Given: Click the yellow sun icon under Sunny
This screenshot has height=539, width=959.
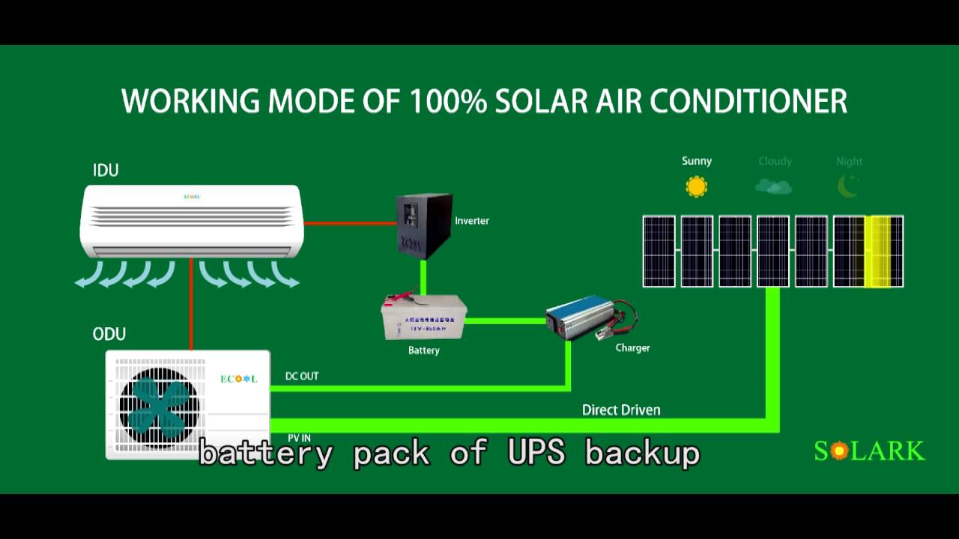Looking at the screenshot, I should (x=697, y=186).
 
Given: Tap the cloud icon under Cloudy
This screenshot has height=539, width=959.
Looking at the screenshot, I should (x=774, y=186).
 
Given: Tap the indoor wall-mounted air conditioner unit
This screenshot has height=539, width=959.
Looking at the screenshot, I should (x=191, y=221).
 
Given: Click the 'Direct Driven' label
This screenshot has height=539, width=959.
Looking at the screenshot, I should (x=621, y=409).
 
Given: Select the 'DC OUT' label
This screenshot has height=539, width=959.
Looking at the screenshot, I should (x=302, y=376).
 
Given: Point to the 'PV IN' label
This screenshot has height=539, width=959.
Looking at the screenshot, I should (x=299, y=438).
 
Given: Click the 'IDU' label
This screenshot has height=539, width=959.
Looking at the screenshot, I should (x=106, y=171).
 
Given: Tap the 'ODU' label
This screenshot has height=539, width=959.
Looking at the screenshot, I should (x=109, y=334).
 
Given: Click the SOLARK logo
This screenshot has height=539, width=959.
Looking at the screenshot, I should (x=869, y=451).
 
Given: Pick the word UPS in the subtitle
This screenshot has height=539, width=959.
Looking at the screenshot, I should (x=536, y=453).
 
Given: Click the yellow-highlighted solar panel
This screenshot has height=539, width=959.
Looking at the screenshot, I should (x=877, y=252).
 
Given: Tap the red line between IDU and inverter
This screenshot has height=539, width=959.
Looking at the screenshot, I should (x=349, y=223).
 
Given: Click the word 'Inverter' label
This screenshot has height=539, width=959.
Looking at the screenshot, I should (x=472, y=221).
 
